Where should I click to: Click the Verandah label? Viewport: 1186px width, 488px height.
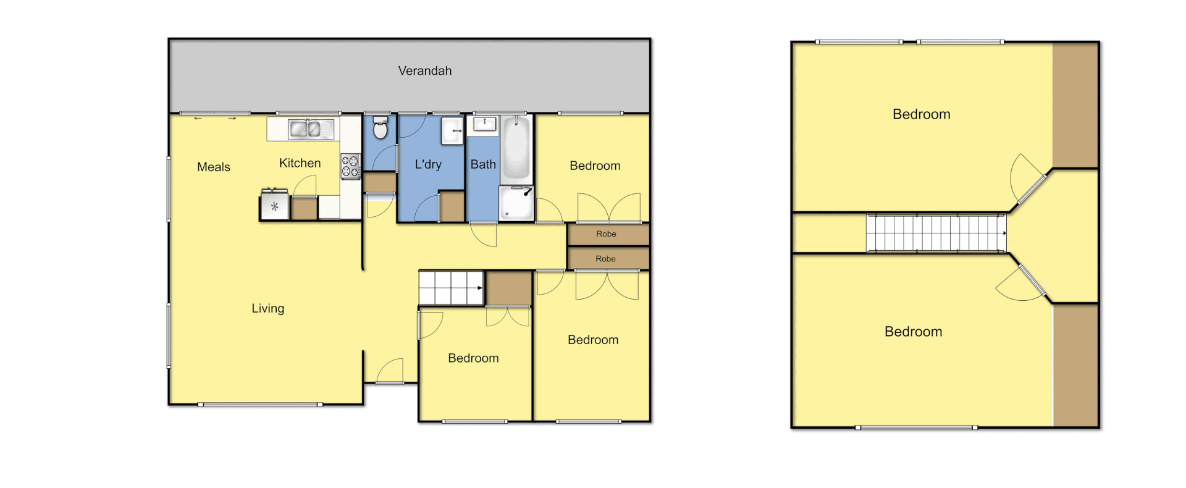(424, 71)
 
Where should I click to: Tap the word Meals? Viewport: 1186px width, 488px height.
(213, 167)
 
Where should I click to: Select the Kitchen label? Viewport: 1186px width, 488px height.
(300, 163)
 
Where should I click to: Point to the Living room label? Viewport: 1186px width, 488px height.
(267, 308)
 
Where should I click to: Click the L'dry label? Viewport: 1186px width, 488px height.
(428, 164)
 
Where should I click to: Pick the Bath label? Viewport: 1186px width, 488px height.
(483, 164)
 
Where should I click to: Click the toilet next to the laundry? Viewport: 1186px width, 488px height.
(381, 127)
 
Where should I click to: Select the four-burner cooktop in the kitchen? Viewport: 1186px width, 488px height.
(350, 166)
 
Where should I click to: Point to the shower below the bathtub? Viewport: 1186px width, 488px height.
(516, 203)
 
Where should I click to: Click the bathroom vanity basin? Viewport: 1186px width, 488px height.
(484, 124)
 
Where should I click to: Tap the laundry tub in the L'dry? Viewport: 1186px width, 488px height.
(452, 130)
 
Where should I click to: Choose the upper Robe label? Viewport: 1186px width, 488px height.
(606, 234)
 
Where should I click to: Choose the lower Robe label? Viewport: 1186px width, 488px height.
(605, 259)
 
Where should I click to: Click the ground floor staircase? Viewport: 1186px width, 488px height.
(451, 287)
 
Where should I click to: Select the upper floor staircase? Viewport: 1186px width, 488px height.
(936, 233)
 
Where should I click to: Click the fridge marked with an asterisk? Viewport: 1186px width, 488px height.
(274, 207)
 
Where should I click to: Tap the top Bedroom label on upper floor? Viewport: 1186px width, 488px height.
(921, 114)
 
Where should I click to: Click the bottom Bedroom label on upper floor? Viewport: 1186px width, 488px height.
(913, 332)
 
